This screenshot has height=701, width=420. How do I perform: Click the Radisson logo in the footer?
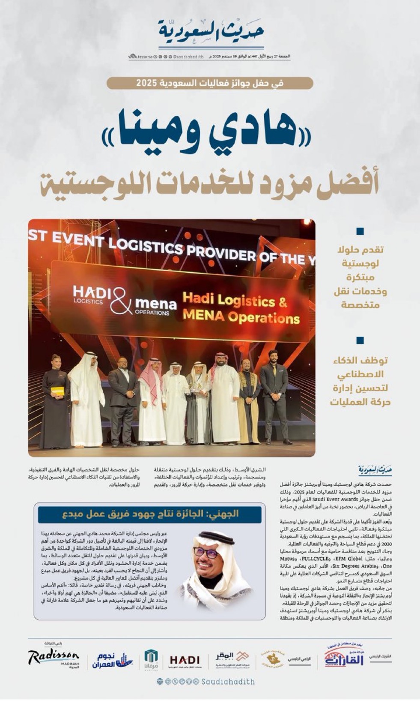click(x=54, y=658)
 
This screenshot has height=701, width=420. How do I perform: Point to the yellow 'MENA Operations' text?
click(x=241, y=318)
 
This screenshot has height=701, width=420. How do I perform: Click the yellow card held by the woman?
click(x=57, y=391)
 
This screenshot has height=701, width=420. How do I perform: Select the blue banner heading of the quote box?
click(x=149, y=514)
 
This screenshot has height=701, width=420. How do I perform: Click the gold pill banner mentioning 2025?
click(x=210, y=83)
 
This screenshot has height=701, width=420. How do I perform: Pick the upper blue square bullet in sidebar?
click(x=360, y=232)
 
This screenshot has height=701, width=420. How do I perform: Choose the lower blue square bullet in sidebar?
click(x=360, y=341)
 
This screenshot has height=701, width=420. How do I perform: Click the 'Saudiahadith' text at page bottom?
click(x=228, y=682)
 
